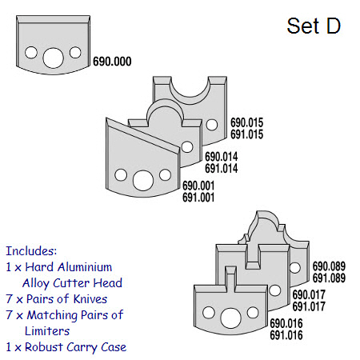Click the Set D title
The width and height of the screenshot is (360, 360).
pos(314,26)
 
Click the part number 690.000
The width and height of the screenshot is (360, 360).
pos(112,62)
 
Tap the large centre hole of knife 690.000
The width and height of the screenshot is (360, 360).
pos(53,58)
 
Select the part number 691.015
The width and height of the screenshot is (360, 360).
pos(247,134)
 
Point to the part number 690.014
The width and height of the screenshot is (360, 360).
pos(222,157)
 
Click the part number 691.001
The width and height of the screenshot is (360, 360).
pos(198,198)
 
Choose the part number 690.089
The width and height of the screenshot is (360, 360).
pos(329,266)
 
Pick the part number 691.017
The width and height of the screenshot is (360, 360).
pos(309,306)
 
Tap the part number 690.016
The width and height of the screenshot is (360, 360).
pos(286,323)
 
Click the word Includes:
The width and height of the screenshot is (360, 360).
pos(31,251)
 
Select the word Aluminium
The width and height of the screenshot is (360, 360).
pos(85,267)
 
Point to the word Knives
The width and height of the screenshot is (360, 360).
pos(90,299)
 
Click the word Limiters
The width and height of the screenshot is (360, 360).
pos(47,331)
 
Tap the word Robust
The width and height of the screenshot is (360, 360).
pos(44,347)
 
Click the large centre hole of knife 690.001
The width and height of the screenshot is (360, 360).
pos(143,181)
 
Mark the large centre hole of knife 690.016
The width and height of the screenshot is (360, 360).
pos(231,318)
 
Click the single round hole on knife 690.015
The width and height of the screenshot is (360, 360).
pos(212,125)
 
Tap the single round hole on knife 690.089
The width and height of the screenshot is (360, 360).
pos(295,267)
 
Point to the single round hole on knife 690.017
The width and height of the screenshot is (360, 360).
pos(275,290)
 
